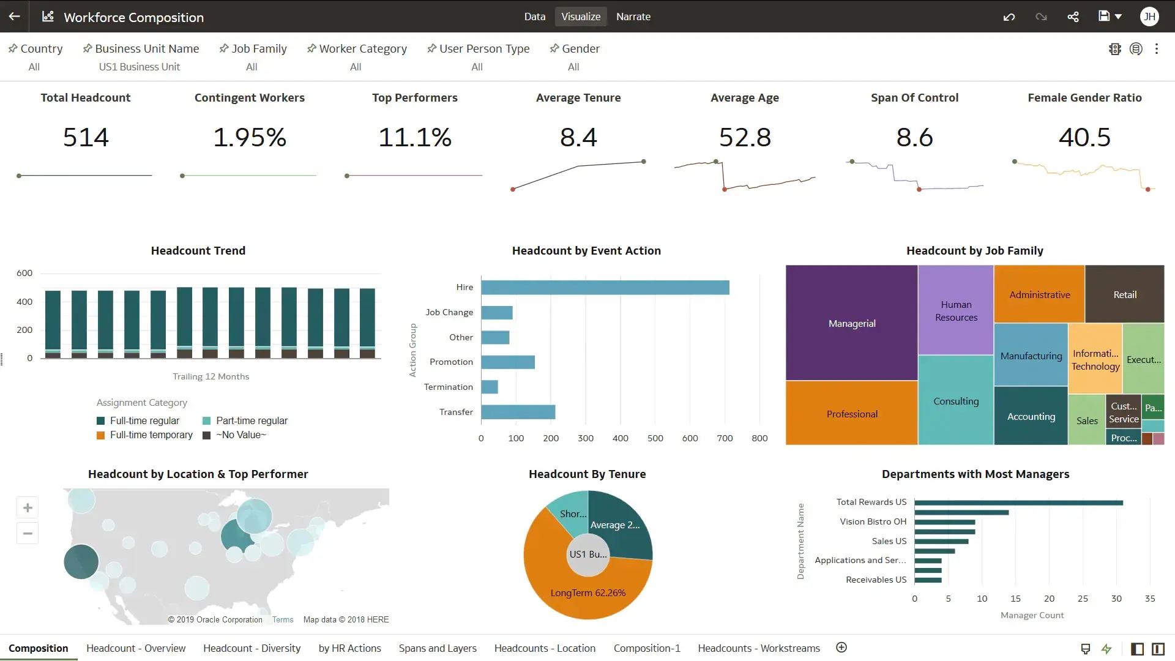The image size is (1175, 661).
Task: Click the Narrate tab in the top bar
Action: coord(633,17)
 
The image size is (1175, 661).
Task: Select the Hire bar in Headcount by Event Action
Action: coord(605,287)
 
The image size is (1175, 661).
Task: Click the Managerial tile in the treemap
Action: coord(851,323)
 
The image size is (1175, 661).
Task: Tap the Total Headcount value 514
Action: coord(86,137)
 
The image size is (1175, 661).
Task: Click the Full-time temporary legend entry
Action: coord(151,435)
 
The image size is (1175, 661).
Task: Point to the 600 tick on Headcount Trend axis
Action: coord(24,273)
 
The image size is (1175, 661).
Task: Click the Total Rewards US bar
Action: coord(1018,502)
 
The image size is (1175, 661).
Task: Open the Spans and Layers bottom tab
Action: coord(437,648)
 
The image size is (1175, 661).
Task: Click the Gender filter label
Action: coord(580,48)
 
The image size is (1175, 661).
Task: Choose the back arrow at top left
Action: coord(15,17)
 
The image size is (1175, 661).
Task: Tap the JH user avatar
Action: coord(1149,17)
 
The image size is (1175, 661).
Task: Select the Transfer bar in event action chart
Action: coord(518,412)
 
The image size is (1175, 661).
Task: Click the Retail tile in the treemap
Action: coord(1124,294)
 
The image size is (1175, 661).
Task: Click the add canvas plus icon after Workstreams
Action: coord(841,648)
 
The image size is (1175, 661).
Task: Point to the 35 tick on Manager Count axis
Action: coord(1149,599)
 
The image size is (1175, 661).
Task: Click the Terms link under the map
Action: coord(283,619)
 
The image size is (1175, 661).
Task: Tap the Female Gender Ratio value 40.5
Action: coord(1084,137)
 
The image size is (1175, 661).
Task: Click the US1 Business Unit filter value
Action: coord(140,67)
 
